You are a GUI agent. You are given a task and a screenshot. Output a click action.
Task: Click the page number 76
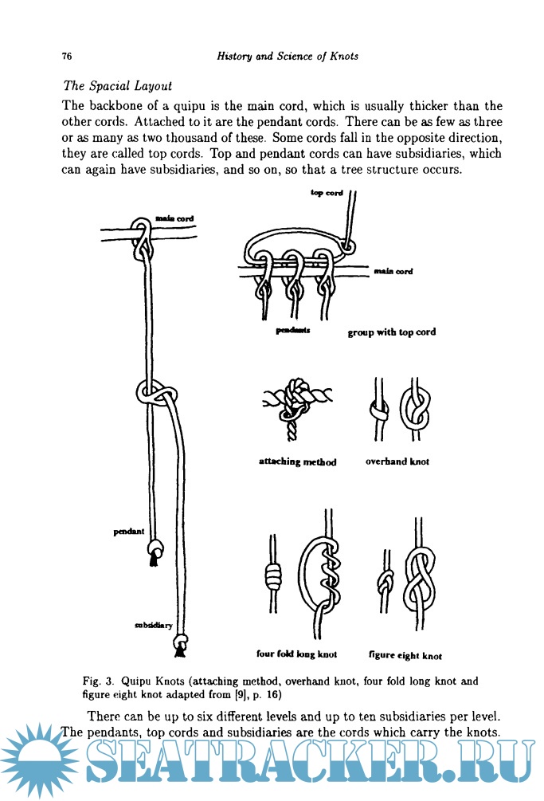pos(67,57)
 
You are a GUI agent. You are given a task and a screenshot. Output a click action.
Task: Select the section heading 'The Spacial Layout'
pos(117,85)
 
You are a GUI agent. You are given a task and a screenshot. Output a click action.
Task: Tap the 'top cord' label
pos(327,194)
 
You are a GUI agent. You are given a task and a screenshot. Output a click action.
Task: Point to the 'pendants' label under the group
pos(292,330)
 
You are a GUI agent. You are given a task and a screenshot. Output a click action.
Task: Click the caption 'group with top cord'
pos(391,332)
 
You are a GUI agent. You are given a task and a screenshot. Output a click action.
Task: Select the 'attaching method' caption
pos(297,461)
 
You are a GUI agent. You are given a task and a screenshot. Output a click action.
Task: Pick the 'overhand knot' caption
pos(397,461)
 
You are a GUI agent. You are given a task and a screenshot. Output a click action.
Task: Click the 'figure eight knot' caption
pos(405,656)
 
